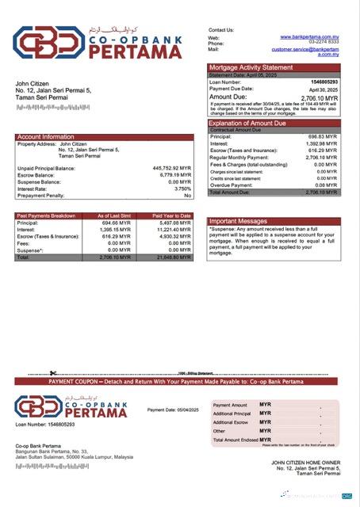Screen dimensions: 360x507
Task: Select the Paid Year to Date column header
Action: pyautogui.click(x=173, y=215)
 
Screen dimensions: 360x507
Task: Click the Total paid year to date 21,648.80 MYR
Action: pyautogui.click(x=174, y=257)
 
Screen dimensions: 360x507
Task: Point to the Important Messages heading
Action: pyautogui.click(x=243, y=222)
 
